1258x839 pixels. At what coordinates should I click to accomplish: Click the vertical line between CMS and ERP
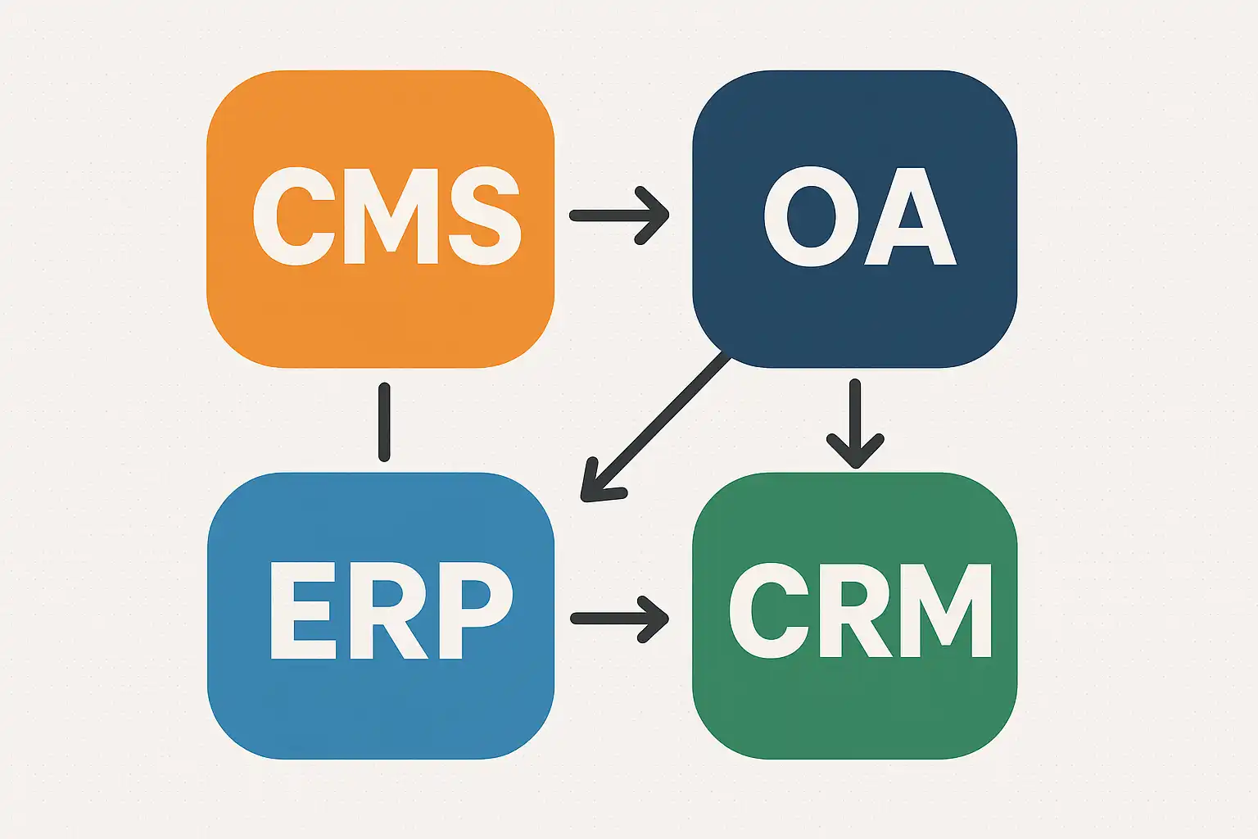click(x=383, y=422)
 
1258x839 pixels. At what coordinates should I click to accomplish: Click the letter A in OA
click(x=910, y=217)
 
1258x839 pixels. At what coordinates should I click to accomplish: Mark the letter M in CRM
click(x=948, y=610)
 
